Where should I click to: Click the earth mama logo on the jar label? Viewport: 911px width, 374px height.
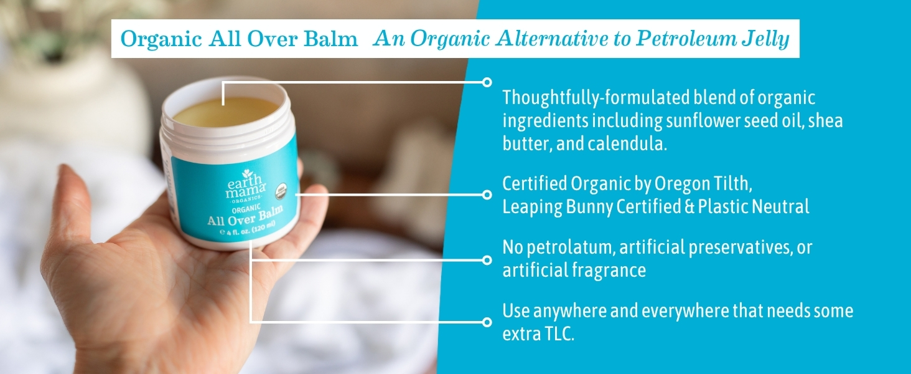point(246,186)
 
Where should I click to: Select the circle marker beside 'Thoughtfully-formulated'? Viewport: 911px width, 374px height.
point(487,82)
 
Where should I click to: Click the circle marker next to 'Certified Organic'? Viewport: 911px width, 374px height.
point(487,194)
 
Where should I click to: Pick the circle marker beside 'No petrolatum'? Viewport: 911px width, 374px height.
point(487,260)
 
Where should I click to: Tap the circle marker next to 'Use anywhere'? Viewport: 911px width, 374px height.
point(487,322)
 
